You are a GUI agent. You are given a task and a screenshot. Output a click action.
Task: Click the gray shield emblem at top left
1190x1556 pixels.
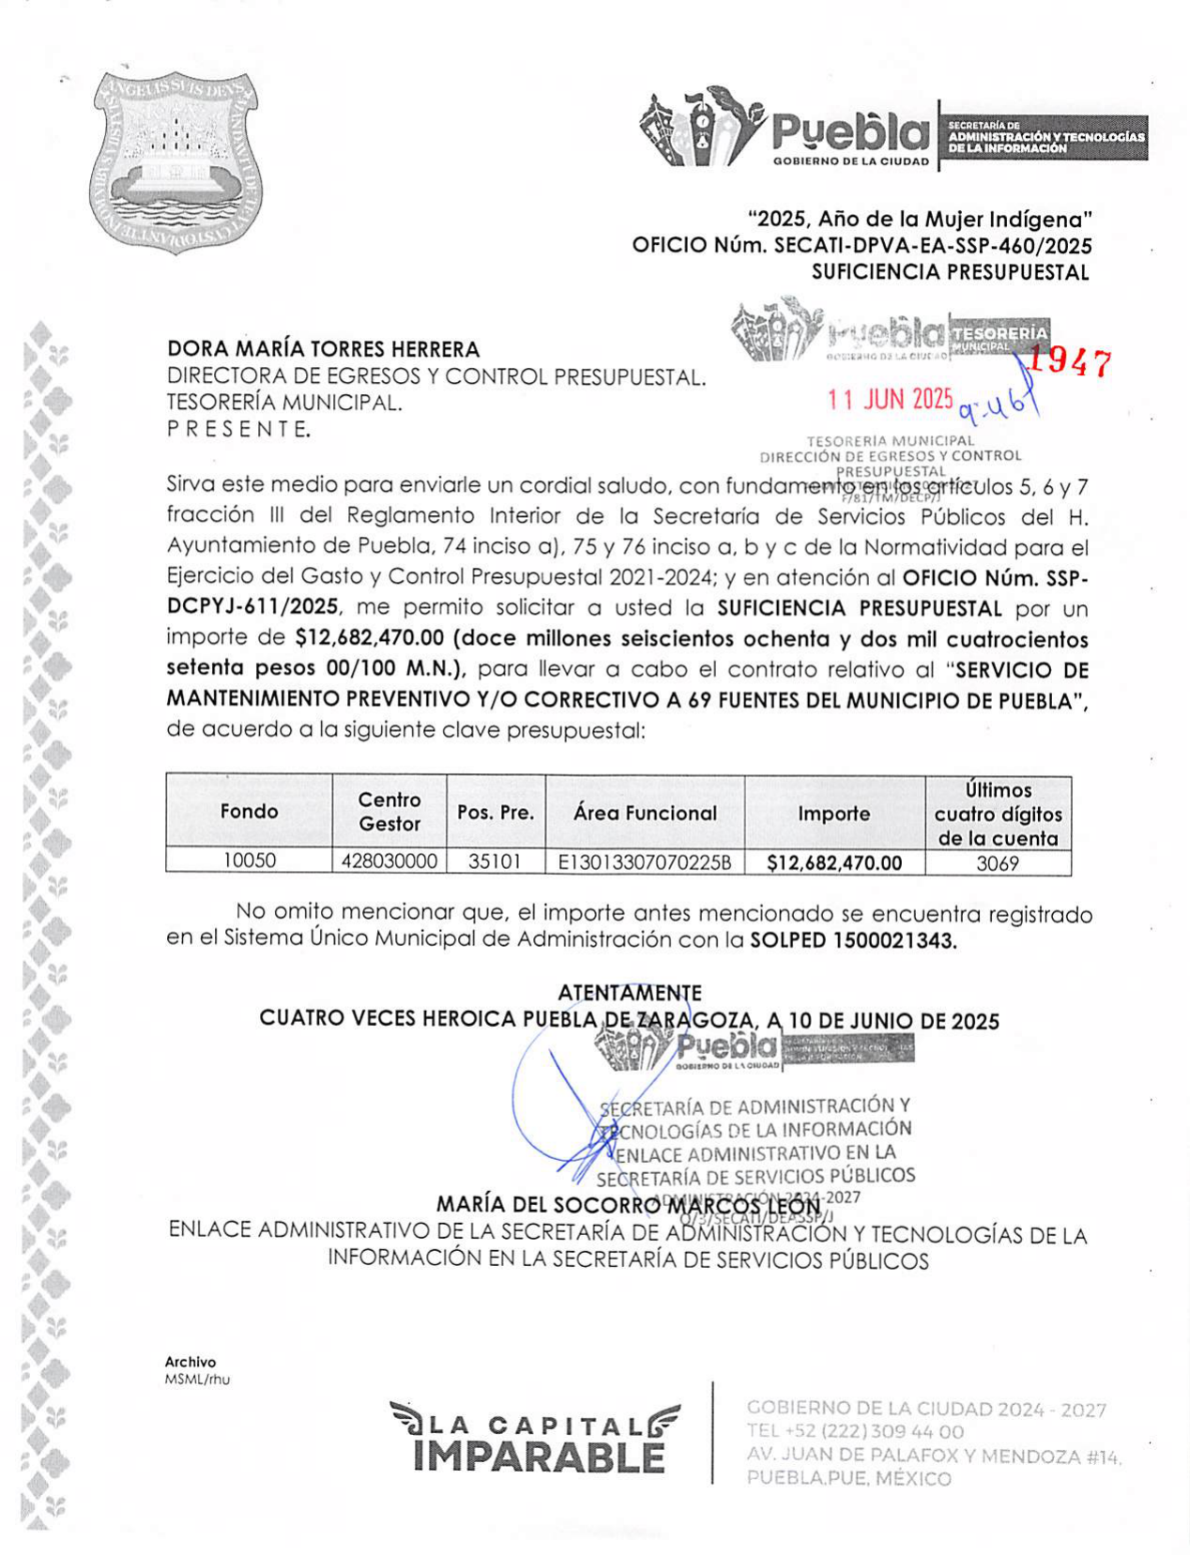pos(177,162)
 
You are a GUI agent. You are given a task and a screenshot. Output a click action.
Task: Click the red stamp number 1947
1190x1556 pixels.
pos(1070,364)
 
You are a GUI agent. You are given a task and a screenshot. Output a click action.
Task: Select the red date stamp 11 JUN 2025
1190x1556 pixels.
pos(890,400)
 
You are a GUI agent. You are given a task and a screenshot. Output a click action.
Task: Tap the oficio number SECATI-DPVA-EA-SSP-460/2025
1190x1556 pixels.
pos(932,246)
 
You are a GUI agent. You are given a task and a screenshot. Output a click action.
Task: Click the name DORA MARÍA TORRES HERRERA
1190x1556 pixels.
pos(323,349)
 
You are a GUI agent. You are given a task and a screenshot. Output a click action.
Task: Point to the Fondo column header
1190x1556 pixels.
pos(249,811)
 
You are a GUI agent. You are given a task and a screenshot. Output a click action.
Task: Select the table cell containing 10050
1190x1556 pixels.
pos(249,861)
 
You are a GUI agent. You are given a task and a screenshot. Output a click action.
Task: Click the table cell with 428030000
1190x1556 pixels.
pos(389,862)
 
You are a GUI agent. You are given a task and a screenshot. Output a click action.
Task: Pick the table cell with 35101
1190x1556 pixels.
pos(495,862)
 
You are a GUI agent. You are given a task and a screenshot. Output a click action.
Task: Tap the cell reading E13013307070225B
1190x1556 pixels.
pos(645,862)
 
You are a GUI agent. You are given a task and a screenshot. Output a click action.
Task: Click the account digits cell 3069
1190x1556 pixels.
pos(998,863)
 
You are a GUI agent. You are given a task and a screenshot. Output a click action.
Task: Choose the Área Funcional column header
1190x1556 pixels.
pos(645,813)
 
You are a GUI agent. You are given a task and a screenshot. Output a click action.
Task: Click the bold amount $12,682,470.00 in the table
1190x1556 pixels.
pos(834,862)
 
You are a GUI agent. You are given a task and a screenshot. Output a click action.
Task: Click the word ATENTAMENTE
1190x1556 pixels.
pos(630,992)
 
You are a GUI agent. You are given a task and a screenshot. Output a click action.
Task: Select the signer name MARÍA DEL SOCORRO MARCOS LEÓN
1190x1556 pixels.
pos(628,1205)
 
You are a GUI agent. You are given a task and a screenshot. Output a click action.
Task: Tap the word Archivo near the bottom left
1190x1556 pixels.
pos(191,1362)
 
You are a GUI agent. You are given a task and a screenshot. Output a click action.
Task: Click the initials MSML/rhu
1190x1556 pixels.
pos(197,1380)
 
